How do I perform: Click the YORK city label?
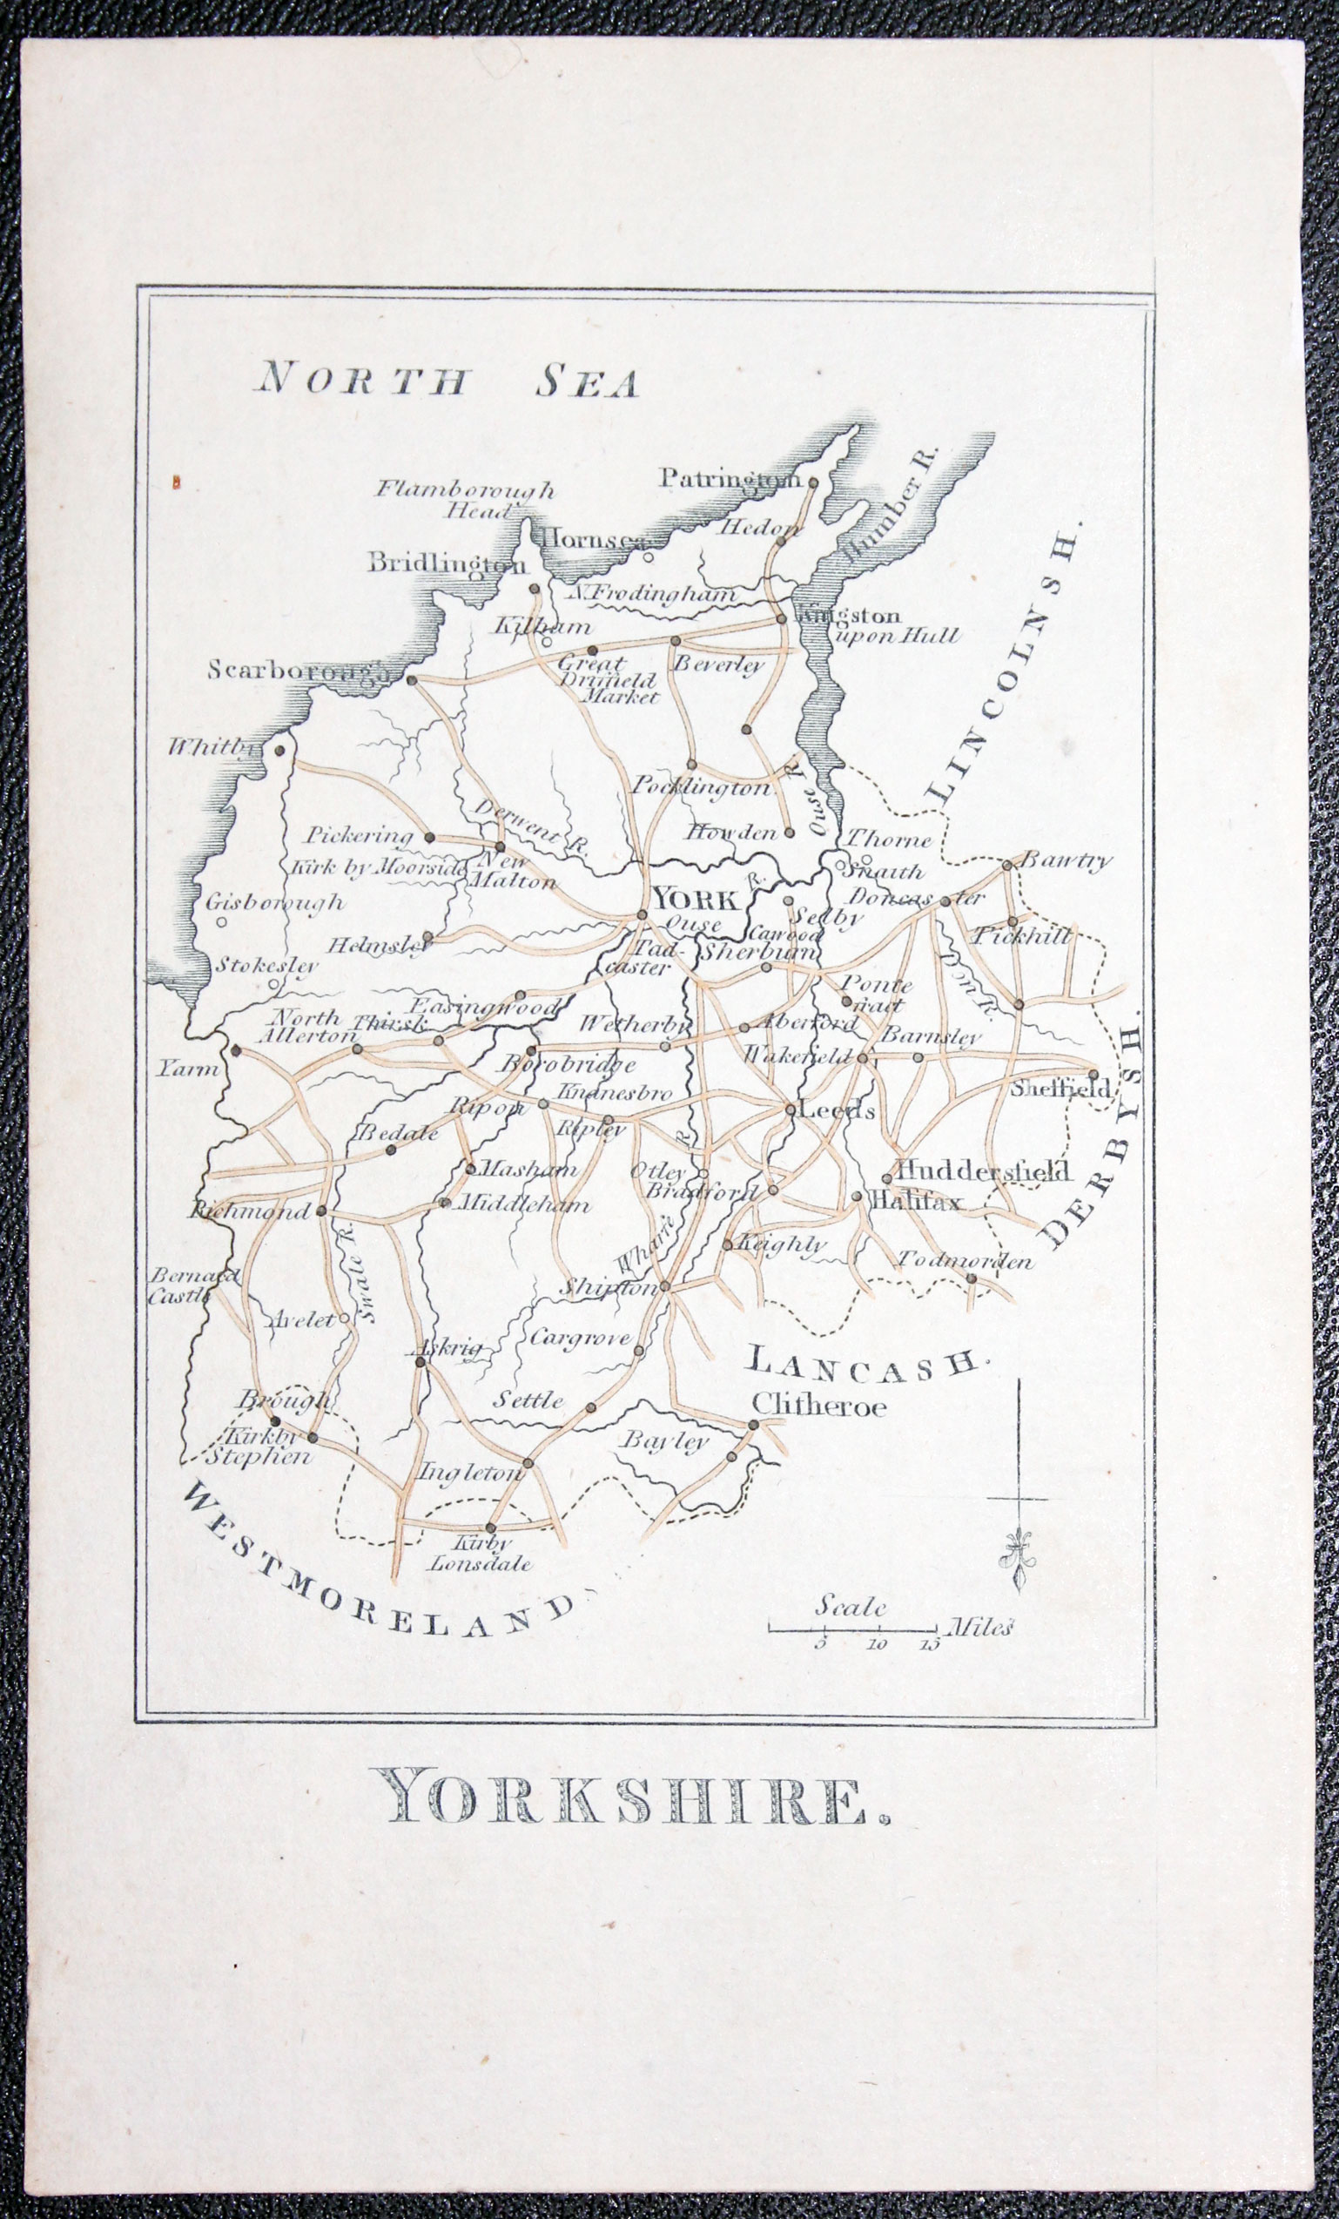[x=697, y=899]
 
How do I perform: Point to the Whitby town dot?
[x=280, y=749]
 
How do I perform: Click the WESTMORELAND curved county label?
[x=378, y=1555]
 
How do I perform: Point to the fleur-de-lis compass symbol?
[x=1018, y=1560]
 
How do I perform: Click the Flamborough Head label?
[x=466, y=500]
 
